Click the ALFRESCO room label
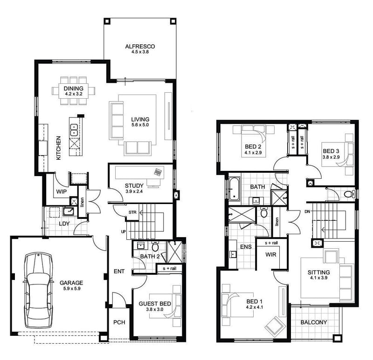[x=139, y=47]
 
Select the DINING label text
[x=74, y=88]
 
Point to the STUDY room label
[x=134, y=186]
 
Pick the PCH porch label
[x=119, y=322]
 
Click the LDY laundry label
[x=64, y=224]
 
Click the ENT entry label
[x=118, y=271]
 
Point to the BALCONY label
[x=313, y=322]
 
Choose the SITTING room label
[x=319, y=272]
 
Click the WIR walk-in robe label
[x=271, y=255]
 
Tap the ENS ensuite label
[x=246, y=246]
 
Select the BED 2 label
[x=253, y=146]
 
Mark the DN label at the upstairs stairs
[x=307, y=211]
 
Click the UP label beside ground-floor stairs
[x=123, y=231]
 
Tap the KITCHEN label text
[x=59, y=148]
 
